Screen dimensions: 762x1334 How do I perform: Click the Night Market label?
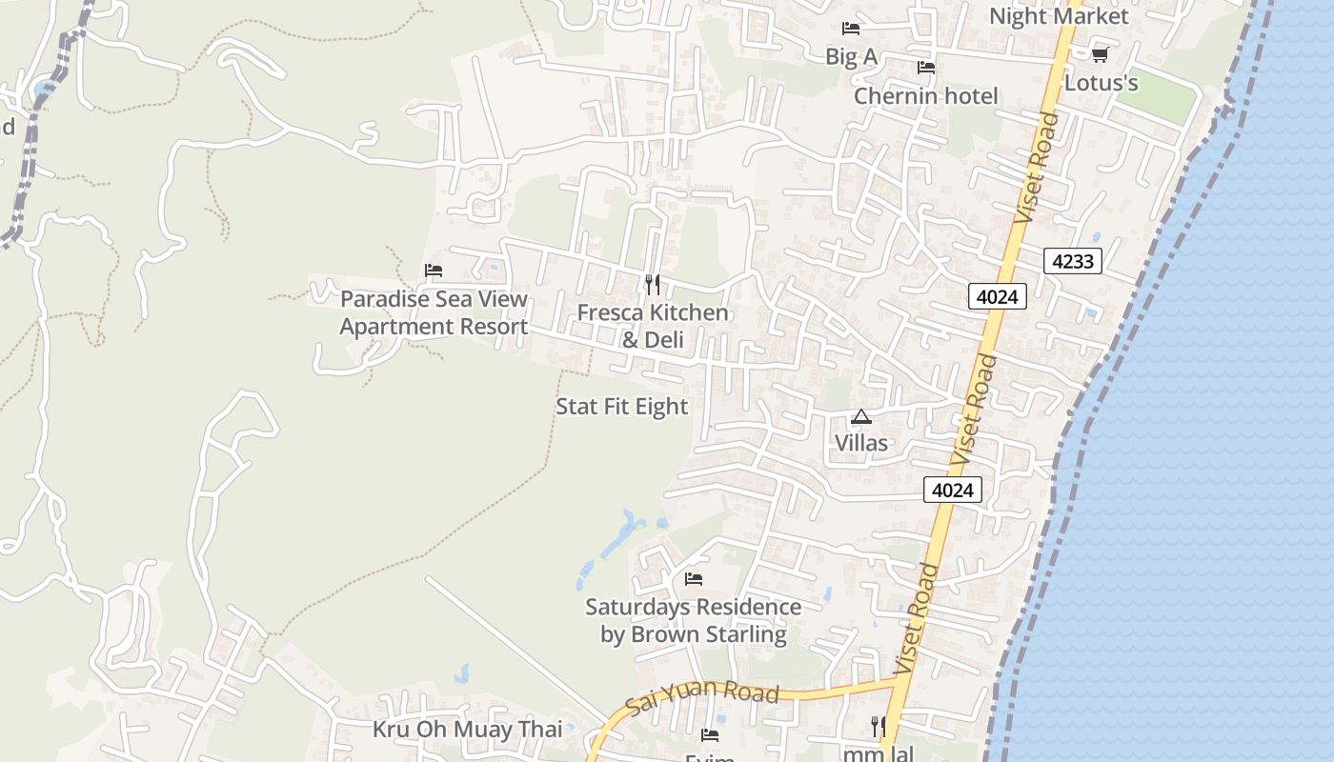tap(1058, 16)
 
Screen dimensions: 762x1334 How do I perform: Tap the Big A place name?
tap(851, 57)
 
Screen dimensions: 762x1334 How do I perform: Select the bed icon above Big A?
tap(851, 29)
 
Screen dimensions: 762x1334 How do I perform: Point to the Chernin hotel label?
tap(925, 96)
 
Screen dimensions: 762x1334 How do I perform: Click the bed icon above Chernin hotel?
tap(925, 68)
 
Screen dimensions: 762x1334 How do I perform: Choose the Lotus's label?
tap(1101, 84)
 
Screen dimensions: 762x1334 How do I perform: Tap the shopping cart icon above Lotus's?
tap(1101, 55)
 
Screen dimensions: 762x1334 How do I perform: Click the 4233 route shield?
tap(1072, 261)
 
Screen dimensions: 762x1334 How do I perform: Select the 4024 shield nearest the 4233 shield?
tap(998, 297)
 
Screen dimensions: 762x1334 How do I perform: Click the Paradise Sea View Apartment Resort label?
tap(434, 313)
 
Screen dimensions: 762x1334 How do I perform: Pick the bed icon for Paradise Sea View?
tap(434, 271)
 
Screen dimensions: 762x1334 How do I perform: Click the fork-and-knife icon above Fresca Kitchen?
tap(653, 284)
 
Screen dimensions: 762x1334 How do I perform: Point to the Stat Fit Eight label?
tap(621, 407)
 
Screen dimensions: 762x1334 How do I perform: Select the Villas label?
tap(861, 443)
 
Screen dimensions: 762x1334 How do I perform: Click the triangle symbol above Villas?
tap(861, 416)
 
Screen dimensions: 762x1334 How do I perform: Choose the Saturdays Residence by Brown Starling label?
tap(693, 621)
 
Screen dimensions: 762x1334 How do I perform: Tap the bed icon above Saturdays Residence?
tap(694, 578)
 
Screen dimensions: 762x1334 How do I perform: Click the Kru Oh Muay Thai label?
tap(467, 731)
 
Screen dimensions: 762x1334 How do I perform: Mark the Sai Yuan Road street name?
tap(702, 701)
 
